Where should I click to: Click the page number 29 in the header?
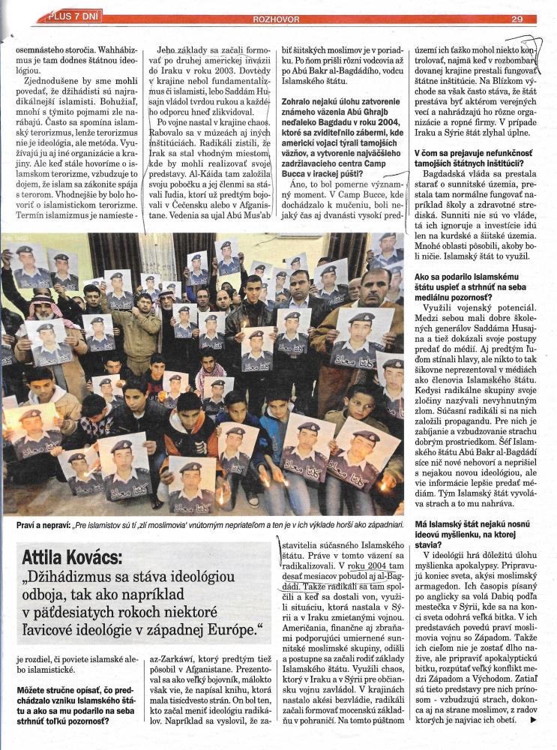click(x=517, y=19)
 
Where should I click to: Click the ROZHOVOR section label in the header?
click(x=279, y=19)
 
